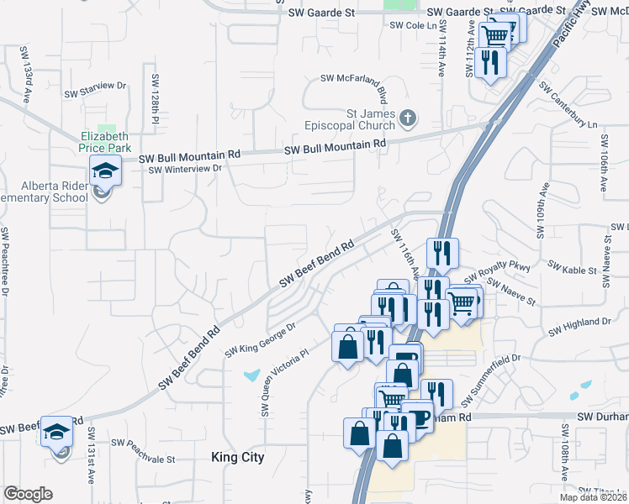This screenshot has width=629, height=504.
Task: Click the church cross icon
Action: pos(408,117)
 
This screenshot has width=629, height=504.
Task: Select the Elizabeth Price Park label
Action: pos(104,141)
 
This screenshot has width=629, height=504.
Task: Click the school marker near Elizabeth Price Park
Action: pos(106,171)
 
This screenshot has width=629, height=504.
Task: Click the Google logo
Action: pos(28,494)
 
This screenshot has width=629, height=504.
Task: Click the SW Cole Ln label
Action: pos(414,26)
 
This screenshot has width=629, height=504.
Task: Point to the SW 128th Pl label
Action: pos(155,99)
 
